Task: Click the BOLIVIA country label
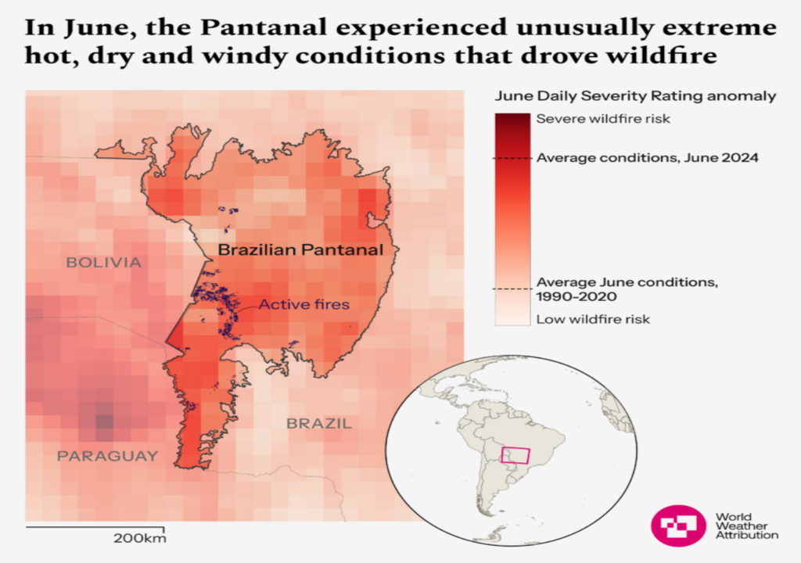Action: click(x=103, y=262)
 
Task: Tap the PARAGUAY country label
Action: click(x=107, y=456)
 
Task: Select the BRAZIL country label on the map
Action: click(x=319, y=424)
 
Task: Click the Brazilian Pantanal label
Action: click(x=300, y=250)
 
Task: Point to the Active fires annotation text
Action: click(x=304, y=304)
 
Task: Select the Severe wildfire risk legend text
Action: click(x=603, y=120)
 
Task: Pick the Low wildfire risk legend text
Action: click(x=593, y=319)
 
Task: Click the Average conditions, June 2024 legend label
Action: click(x=648, y=158)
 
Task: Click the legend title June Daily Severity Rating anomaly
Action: click(x=635, y=96)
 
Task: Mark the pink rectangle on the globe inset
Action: click(x=515, y=455)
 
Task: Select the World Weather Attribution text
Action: click(x=746, y=526)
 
